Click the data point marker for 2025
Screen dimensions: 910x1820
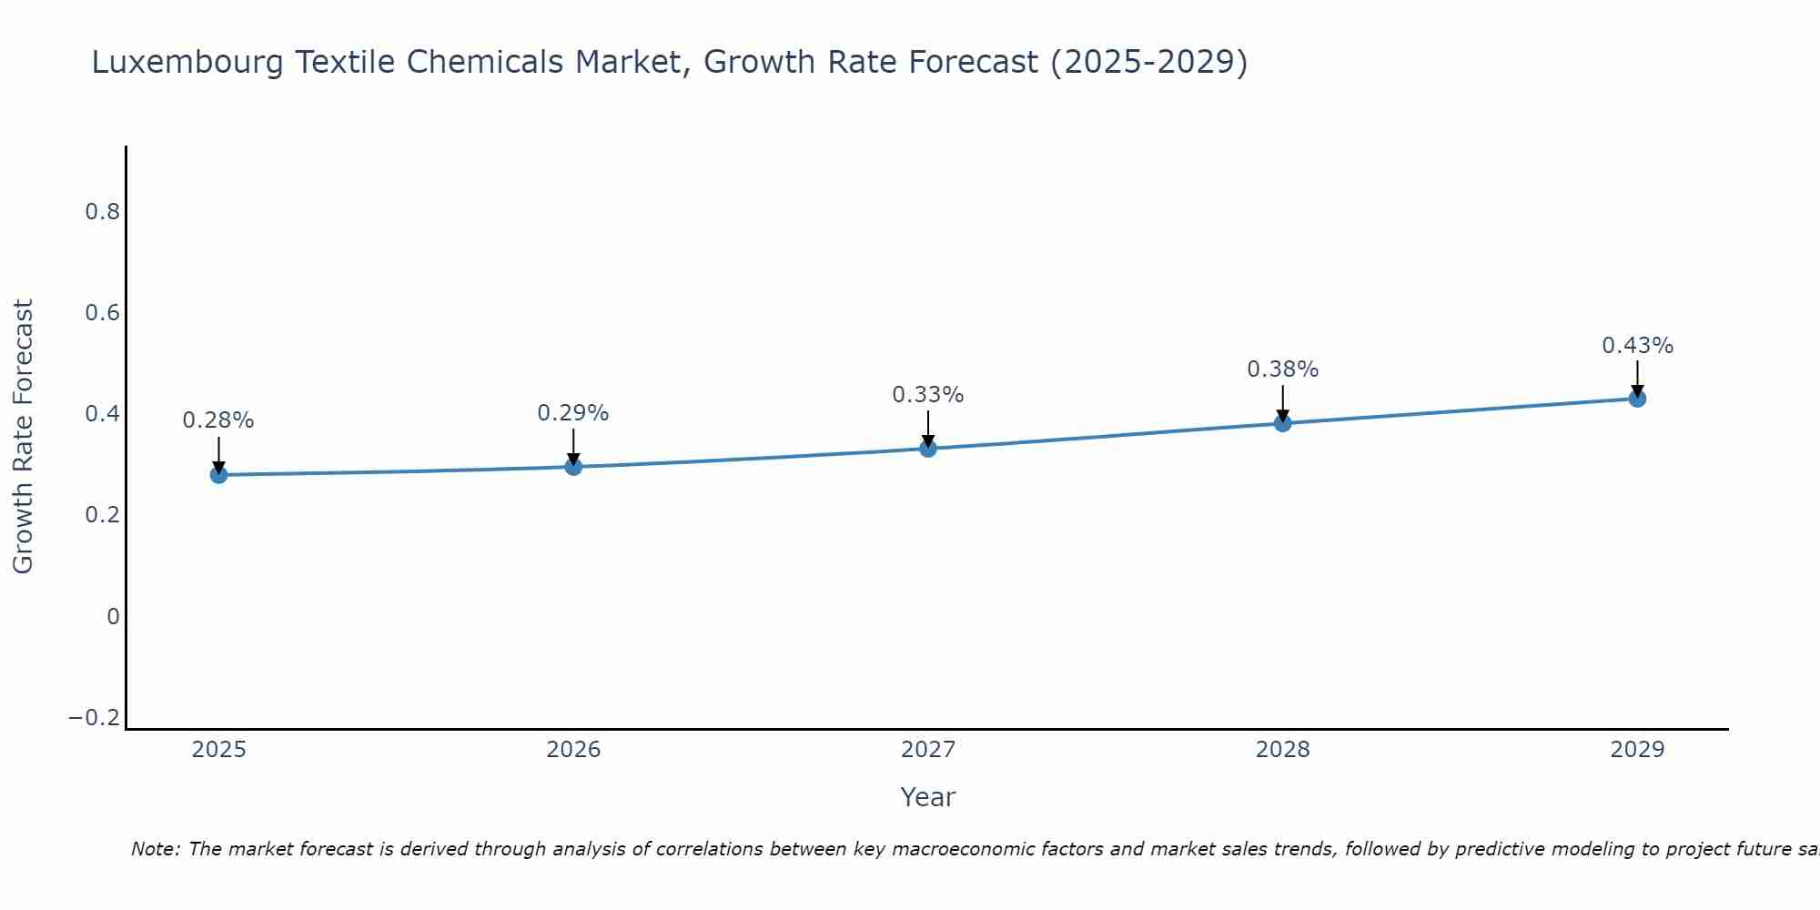tap(218, 474)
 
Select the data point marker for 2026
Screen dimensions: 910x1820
tap(573, 467)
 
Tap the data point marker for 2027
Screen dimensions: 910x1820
tap(928, 448)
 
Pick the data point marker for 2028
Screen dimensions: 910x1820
tap(1282, 423)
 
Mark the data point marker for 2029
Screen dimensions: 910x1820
tap(1637, 398)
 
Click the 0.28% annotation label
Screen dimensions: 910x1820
tap(218, 420)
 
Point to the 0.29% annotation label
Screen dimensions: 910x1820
tap(573, 413)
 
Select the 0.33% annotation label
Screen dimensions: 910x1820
tap(928, 395)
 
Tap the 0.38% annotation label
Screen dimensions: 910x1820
tap(1282, 369)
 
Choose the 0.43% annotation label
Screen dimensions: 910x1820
tap(1637, 346)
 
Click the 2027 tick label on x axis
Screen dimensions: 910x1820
tap(928, 750)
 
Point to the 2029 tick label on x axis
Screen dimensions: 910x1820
tap(1637, 750)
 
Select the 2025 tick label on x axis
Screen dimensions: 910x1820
tap(218, 750)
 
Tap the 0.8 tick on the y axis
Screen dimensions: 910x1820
tap(102, 212)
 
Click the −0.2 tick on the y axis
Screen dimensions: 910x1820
tap(94, 718)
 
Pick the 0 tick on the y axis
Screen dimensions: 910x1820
tap(113, 617)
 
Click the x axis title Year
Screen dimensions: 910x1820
tap(927, 797)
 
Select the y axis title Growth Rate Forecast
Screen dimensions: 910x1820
tap(24, 436)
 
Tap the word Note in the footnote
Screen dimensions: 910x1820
tap(155, 849)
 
